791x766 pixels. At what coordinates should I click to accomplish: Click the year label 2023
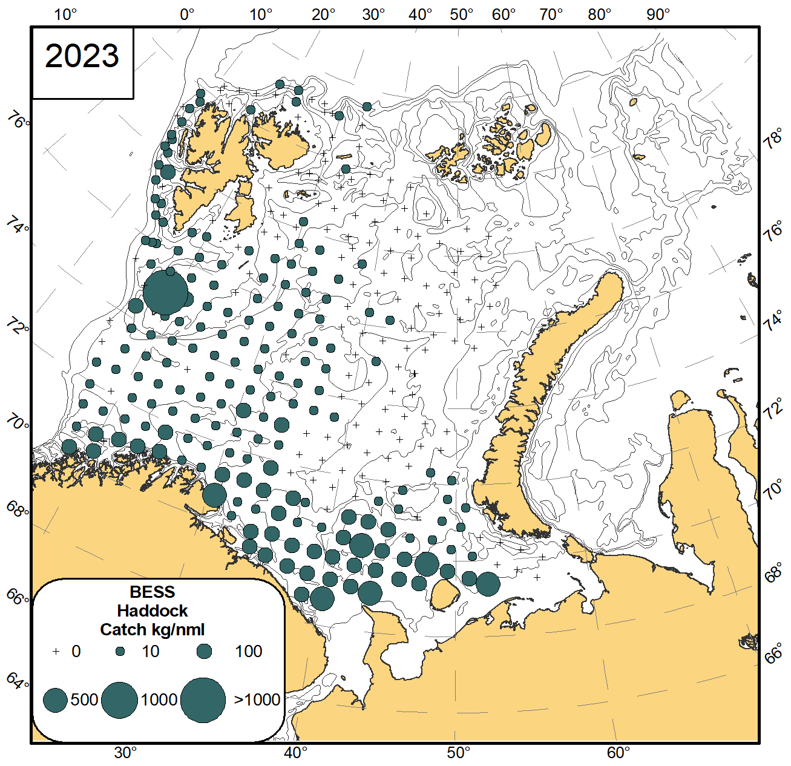pyautogui.click(x=82, y=56)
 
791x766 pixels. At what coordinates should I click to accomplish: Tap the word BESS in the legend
pyautogui.click(x=153, y=592)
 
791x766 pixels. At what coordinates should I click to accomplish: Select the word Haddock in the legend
pyautogui.click(x=153, y=611)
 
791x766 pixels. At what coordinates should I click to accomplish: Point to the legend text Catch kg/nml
pyautogui.click(x=153, y=630)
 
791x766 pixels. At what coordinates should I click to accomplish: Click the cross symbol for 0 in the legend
pyautogui.click(x=56, y=652)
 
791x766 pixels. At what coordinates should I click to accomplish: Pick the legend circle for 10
pyautogui.click(x=120, y=652)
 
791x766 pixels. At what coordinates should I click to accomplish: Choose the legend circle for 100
pyautogui.click(x=205, y=652)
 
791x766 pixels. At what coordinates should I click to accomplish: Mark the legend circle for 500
pyautogui.click(x=55, y=700)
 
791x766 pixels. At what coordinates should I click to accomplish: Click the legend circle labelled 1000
pyautogui.click(x=120, y=700)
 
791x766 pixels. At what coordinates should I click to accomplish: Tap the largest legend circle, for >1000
pyautogui.click(x=203, y=700)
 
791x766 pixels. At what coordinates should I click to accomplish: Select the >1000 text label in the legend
pyautogui.click(x=257, y=700)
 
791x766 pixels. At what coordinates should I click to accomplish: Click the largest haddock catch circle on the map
pyautogui.click(x=165, y=293)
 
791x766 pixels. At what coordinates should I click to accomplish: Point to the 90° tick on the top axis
pyautogui.click(x=658, y=15)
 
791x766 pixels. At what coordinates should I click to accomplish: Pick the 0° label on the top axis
pyautogui.click(x=187, y=15)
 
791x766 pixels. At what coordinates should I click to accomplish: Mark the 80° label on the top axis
pyautogui.click(x=599, y=15)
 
